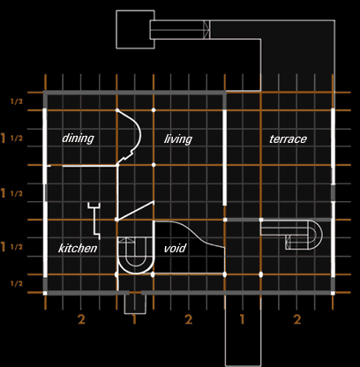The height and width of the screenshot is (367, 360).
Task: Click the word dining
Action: click(x=78, y=139)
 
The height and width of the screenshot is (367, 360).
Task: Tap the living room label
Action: click(x=178, y=139)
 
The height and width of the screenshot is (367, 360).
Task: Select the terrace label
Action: click(x=288, y=139)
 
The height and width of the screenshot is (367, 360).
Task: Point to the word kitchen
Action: click(x=78, y=248)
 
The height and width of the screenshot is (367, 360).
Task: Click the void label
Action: click(x=175, y=248)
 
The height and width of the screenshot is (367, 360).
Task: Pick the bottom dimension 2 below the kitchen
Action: click(x=81, y=319)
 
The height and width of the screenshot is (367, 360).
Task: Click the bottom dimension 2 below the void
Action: click(x=188, y=319)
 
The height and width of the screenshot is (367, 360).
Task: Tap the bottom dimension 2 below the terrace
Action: click(x=297, y=319)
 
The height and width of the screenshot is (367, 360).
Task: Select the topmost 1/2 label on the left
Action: click(x=17, y=101)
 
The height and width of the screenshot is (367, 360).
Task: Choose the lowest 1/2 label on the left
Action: click(x=17, y=283)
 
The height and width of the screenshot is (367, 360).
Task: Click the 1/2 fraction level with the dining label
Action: click(x=17, y=139)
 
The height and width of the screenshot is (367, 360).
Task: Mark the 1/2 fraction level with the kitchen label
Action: click(x=17, y=247)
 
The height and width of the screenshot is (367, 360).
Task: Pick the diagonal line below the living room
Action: click(x=135, y=211)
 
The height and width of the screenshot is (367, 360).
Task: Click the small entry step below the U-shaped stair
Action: click(x=135, y=313)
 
